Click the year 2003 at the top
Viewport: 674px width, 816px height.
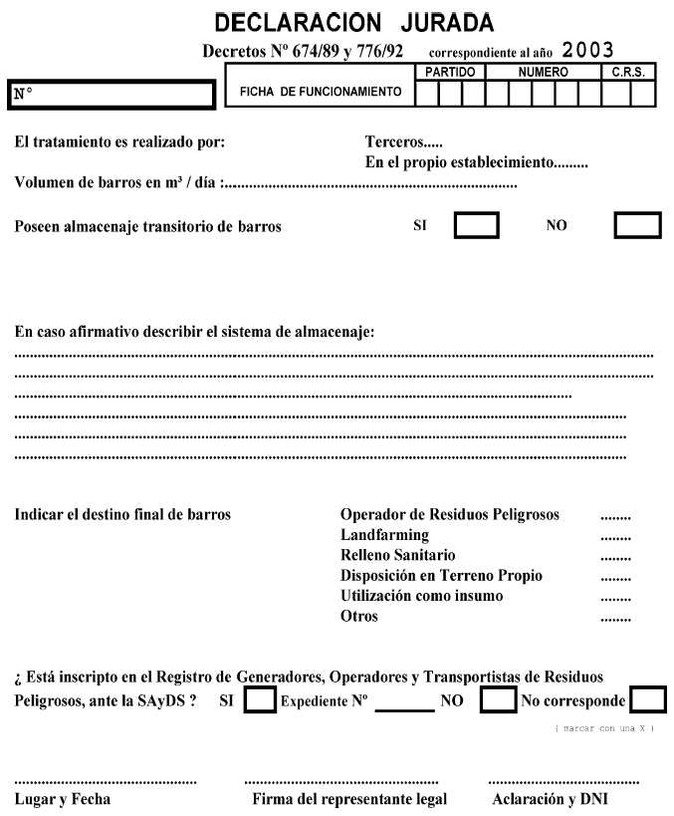587,50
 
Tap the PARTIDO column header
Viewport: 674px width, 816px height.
450,73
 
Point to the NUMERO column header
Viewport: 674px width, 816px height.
543,73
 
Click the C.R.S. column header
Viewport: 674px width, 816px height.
629,73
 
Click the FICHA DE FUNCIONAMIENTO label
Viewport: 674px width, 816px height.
321,93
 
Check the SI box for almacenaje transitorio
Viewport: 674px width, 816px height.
477,225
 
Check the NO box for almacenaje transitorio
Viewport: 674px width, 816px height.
637,225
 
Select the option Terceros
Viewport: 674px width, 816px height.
397,142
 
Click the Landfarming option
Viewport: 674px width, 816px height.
384,535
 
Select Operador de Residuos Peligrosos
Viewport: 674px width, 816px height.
450,515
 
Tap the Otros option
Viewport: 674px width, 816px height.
359,617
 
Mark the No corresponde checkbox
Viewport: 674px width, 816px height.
648,699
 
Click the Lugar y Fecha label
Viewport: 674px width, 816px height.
63,799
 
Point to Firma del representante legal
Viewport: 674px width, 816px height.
349,799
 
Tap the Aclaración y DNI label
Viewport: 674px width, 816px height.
551,799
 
